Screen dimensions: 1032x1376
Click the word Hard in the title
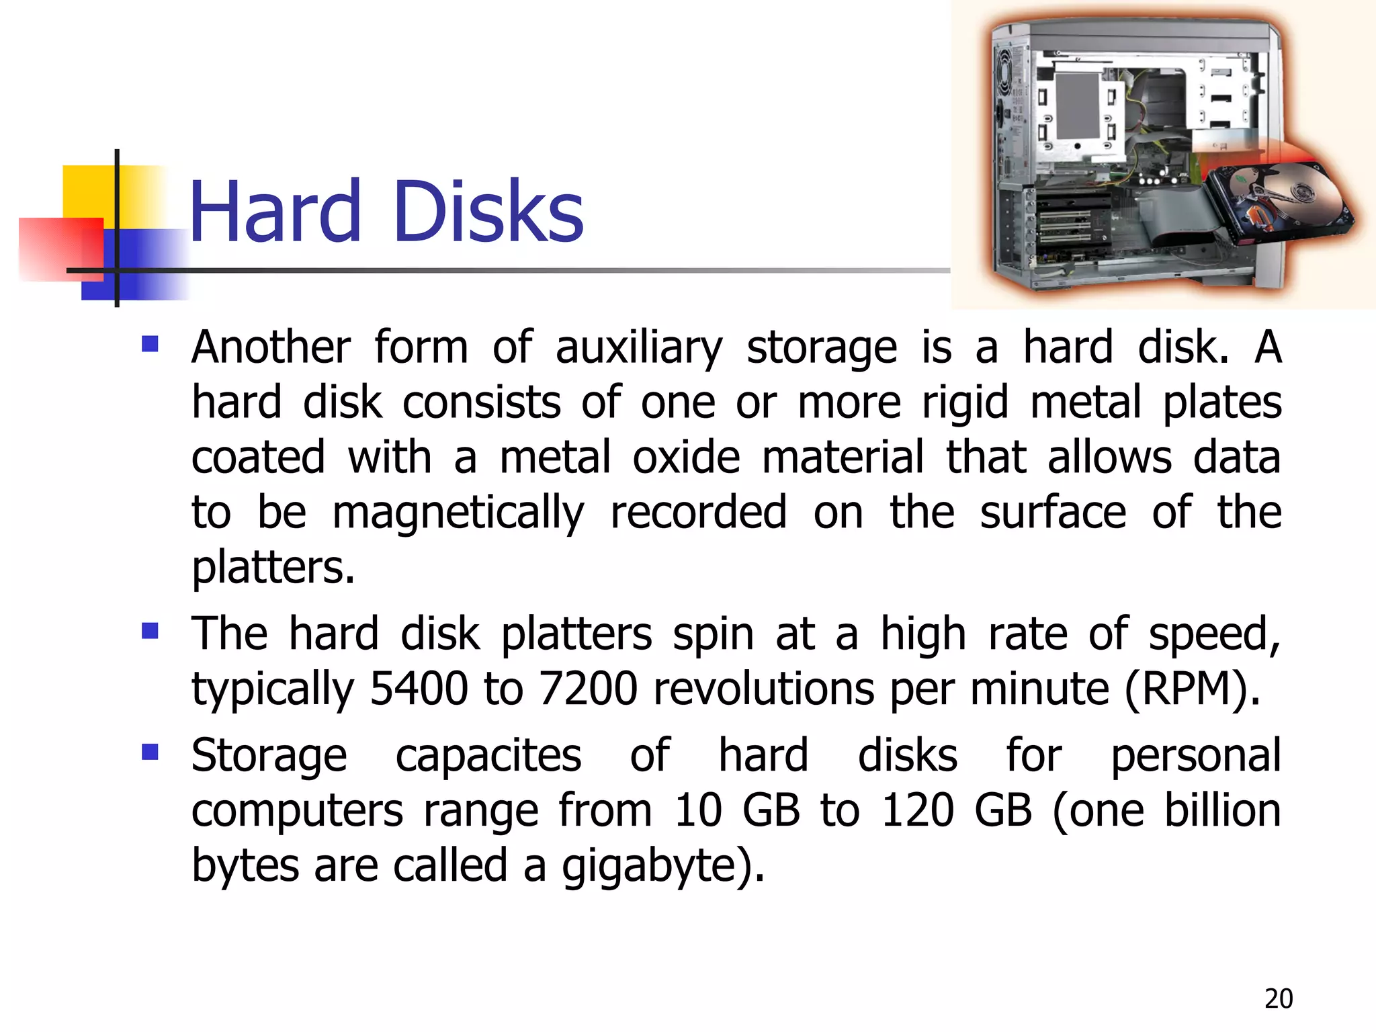pyautogui.click(x=275, y=212)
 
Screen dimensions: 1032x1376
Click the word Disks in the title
pyautogui.click(x=488, y=212)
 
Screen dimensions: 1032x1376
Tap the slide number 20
pyautogui.click(x=1278, y=999)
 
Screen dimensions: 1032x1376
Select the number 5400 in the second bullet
pyautogui.click(x=419, y=689)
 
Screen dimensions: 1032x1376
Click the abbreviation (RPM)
pyautogui.click(x=1192, y=689)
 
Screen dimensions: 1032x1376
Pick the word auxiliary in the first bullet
pyautogui.click(x=638, y=348)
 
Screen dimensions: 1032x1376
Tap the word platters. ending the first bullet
pyautogui.click(x=273, y=568)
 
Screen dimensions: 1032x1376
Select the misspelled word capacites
pyautogui.click(x=488, y=756)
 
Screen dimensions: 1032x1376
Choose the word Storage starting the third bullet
pyautogui.click(x=269, y=756)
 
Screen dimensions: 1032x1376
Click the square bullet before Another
pyautogui.click(x=150, y=345)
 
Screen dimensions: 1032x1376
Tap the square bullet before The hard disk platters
pyautogui.click(x=150, y=631)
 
